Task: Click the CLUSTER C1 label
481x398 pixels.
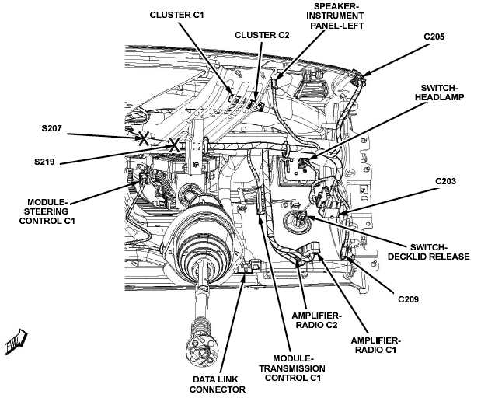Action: click(x=176, y=15)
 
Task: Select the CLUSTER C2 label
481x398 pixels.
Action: click(x=262, y=35)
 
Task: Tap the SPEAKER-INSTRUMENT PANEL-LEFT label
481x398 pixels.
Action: click(x=336, y=16)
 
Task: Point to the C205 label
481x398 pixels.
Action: click(x=434, y=37)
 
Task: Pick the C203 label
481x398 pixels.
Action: click(x=445, y=181)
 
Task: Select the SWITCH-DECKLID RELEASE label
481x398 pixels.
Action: click(x=428, y=252)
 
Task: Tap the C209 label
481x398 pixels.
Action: click(x=408, y=298)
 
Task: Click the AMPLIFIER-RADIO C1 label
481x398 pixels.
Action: click(x=376, y=345)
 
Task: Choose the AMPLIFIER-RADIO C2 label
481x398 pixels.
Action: click(x=316, y=320)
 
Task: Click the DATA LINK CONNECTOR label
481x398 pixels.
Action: click(x=218, y=385)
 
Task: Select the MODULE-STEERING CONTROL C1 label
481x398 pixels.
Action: click(x=47, y=211)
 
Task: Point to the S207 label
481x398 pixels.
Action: click(x=51, y=128)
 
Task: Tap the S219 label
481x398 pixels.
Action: click(x=44, y=162)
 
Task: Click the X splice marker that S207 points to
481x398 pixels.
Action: click(x=144, y=138)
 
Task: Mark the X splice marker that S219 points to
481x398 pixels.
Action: click(x=174, y=145)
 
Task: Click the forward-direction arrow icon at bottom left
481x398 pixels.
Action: click(x=16, y=341)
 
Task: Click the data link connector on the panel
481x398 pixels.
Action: click(x=249, y=266)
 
